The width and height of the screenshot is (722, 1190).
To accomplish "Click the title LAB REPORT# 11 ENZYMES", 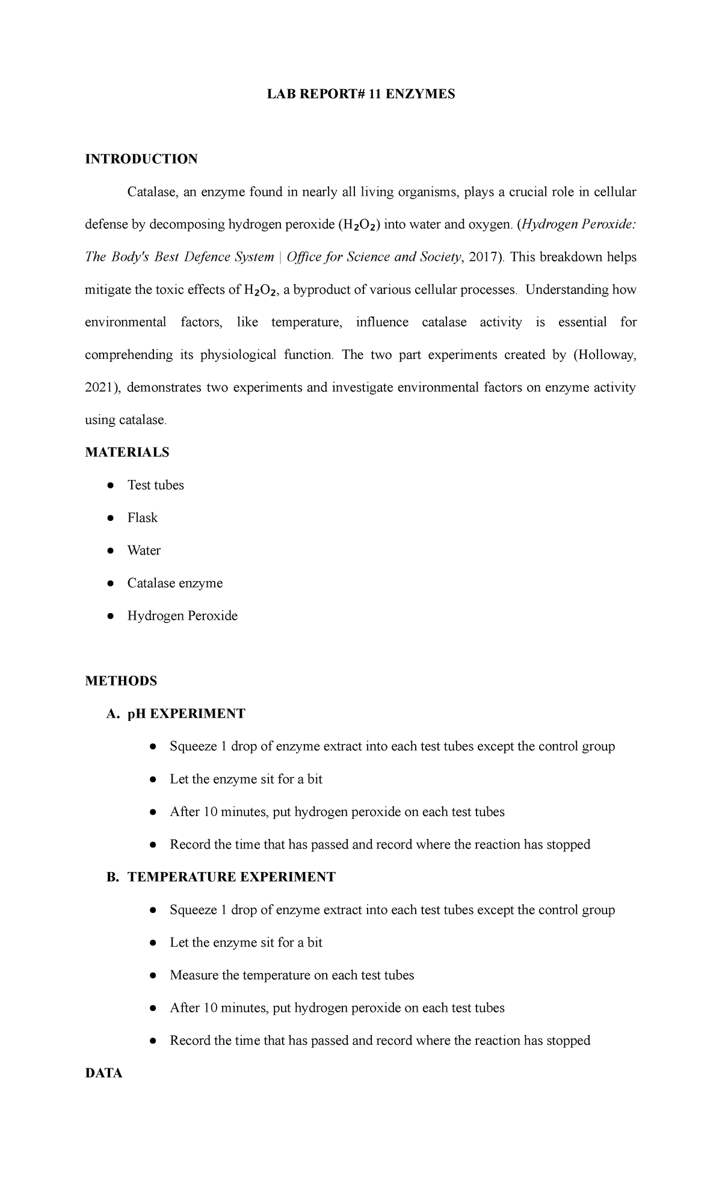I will coord(361,94).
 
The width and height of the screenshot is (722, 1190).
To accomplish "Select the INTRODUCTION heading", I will coord(141,159).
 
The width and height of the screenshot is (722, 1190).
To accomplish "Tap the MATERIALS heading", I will coord(127,452).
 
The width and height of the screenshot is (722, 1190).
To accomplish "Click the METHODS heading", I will coord(121,681).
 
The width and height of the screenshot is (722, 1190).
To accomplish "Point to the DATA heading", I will coord(103,1073).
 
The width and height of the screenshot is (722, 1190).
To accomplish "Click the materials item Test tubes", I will coord(155,485).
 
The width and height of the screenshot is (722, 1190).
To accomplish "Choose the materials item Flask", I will coord(142,518).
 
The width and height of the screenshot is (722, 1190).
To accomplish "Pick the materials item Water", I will coord(144,550).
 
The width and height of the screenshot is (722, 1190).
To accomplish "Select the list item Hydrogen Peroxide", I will coord(182,615).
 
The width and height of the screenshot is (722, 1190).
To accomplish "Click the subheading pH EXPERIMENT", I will coord(186,714).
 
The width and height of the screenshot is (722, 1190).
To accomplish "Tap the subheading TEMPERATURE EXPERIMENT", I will coord(231,877).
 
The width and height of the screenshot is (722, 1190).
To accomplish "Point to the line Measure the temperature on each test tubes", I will coord(292,975).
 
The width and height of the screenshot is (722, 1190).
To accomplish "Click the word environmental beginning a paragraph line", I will coord(125,322).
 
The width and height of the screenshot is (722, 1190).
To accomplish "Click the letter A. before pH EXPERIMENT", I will coord(111,714).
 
